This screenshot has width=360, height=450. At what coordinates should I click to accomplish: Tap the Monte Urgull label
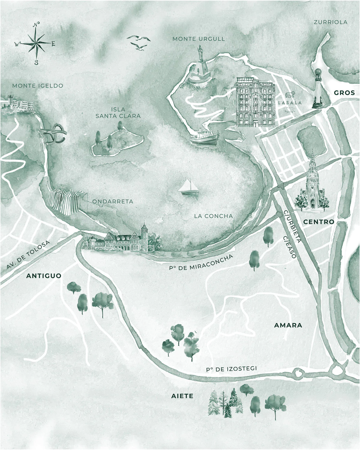(x=199, y=39)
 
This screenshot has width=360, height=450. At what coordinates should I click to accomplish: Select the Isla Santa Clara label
(x=118, y=112)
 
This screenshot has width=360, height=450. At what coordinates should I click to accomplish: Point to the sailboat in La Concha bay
(x=188, y=187)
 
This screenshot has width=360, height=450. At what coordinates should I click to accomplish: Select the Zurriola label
(x=330, y=22)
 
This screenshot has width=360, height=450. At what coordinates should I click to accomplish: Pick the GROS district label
(x=344, y=93)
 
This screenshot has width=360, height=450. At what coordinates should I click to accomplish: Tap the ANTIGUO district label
(x=44, y=276)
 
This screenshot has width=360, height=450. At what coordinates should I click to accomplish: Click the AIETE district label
(x=182, y=396)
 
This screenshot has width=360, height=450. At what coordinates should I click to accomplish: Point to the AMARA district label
(x=288, y=325)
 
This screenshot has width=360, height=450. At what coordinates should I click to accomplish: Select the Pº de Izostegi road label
(x=231, y=369)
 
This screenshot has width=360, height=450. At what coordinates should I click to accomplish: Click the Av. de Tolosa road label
(x=28, y=255)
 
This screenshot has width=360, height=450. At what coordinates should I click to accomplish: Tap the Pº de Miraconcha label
(x=201, y=263)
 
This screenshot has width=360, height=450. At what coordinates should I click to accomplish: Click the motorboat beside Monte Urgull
(x=204, y=137)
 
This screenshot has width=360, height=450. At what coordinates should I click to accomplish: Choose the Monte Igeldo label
(x=38, y=86)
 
